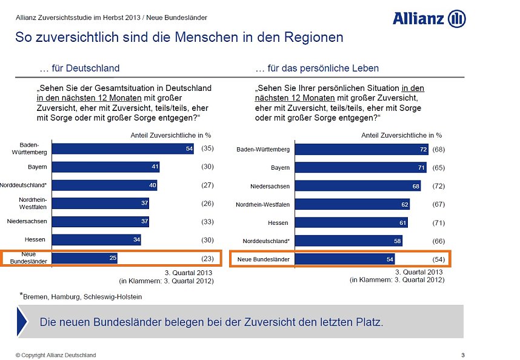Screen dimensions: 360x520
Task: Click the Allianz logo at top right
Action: tap(429, 18)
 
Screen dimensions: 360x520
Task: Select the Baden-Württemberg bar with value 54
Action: tap(123, 148)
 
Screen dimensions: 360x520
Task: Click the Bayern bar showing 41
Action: tap(106, 167)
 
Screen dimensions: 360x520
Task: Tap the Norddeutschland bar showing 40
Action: tap(105, 185)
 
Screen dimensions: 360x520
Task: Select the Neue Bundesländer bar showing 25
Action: tap(85, 259)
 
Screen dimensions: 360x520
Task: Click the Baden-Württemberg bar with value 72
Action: tap(362, 149)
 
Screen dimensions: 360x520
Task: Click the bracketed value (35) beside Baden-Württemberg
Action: tap(207, 148)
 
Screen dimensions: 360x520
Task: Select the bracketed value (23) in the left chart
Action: tap(207, 259)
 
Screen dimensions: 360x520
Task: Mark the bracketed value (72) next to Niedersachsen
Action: tap(439, 186)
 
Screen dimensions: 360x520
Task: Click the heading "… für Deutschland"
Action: tap(79, 68)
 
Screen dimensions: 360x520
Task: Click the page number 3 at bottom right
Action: tap(462, 355)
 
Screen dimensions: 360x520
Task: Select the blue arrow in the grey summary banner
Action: tap(22, 322)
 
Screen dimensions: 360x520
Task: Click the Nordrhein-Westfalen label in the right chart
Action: tap(262, 205)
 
